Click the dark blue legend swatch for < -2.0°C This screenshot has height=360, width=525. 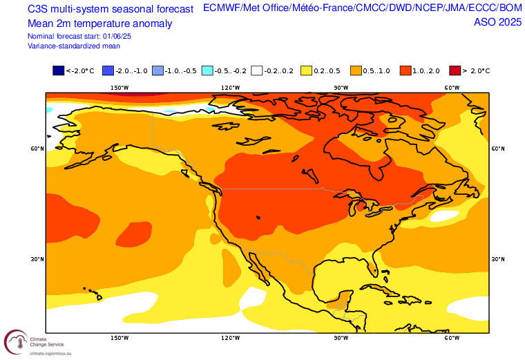click(58, 70)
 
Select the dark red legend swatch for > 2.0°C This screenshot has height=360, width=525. click(455, 70)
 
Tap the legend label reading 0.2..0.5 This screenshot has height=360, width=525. click(326, 70)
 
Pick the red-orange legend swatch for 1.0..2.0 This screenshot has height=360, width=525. click(405, 70)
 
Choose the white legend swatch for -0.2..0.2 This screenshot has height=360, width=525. click(257, 70)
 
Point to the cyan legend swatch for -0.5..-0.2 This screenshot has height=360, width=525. click(207, 70)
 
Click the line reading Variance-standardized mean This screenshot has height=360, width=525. click(74, 46)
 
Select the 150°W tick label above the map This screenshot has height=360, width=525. click(120, 88)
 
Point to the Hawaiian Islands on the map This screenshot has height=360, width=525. click(93, 292)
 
